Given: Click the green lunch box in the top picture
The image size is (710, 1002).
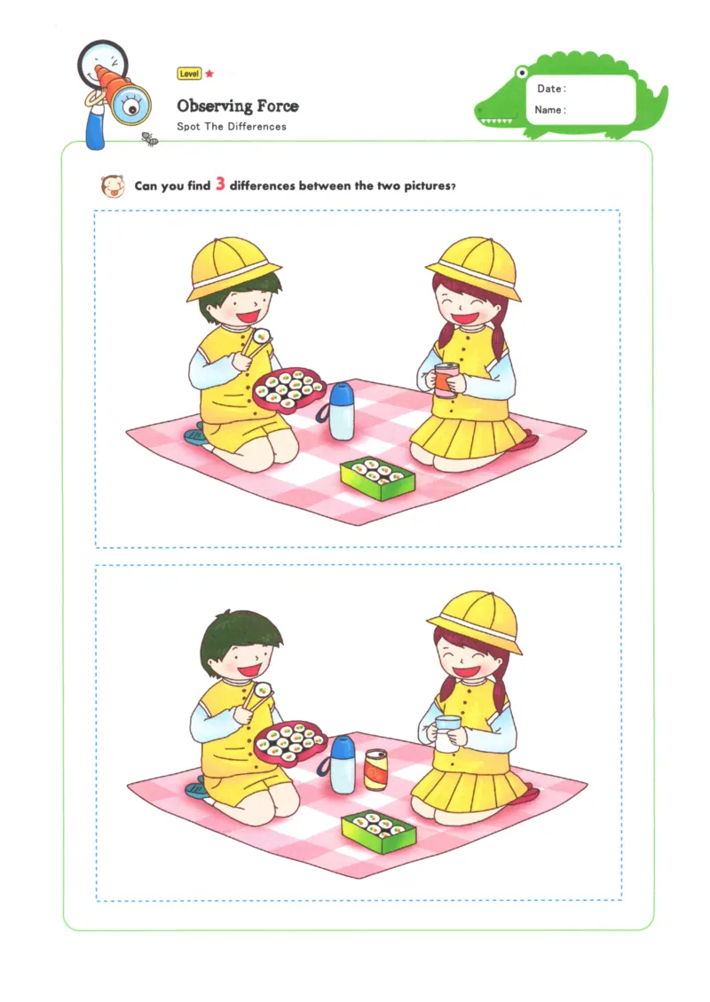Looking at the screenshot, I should click(377, 479).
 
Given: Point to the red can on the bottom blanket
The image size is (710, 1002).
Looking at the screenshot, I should click(376, 770).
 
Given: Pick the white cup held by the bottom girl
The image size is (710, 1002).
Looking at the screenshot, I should click(447, 733).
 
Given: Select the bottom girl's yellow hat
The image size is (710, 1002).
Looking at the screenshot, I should click(475, 618).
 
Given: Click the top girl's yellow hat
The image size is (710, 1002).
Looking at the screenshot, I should click(473, 263).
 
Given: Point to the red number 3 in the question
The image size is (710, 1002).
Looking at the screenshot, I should click(220, 185).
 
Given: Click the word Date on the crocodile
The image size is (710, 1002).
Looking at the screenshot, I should click(551, 89).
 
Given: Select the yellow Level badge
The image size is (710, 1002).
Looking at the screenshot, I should click(189, 74).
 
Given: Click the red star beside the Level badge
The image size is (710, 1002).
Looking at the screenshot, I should click(209, 74).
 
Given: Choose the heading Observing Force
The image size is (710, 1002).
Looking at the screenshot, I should click(237, 106).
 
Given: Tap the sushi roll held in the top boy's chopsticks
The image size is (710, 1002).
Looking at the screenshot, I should click(262, 335).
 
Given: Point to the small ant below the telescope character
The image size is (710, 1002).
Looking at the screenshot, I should click(150, 138).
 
